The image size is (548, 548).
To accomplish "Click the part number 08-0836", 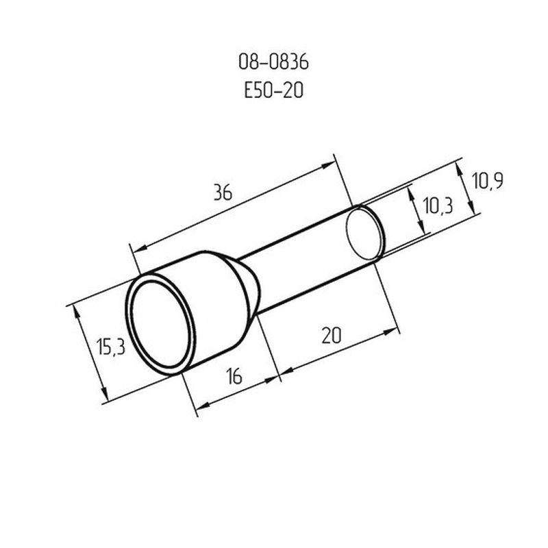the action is click(273, 62).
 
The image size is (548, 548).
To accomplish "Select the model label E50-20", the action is click(273, 90).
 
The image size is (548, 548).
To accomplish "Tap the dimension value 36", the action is click(223, 192).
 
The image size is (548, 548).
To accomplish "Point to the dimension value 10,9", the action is click(488, 181).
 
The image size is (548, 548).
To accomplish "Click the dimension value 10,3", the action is click(438, 206).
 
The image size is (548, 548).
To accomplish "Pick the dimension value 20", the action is click(331, 336).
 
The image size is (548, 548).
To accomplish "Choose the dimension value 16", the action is click(234, 376).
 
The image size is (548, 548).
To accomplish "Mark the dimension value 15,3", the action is click(110, 347).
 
